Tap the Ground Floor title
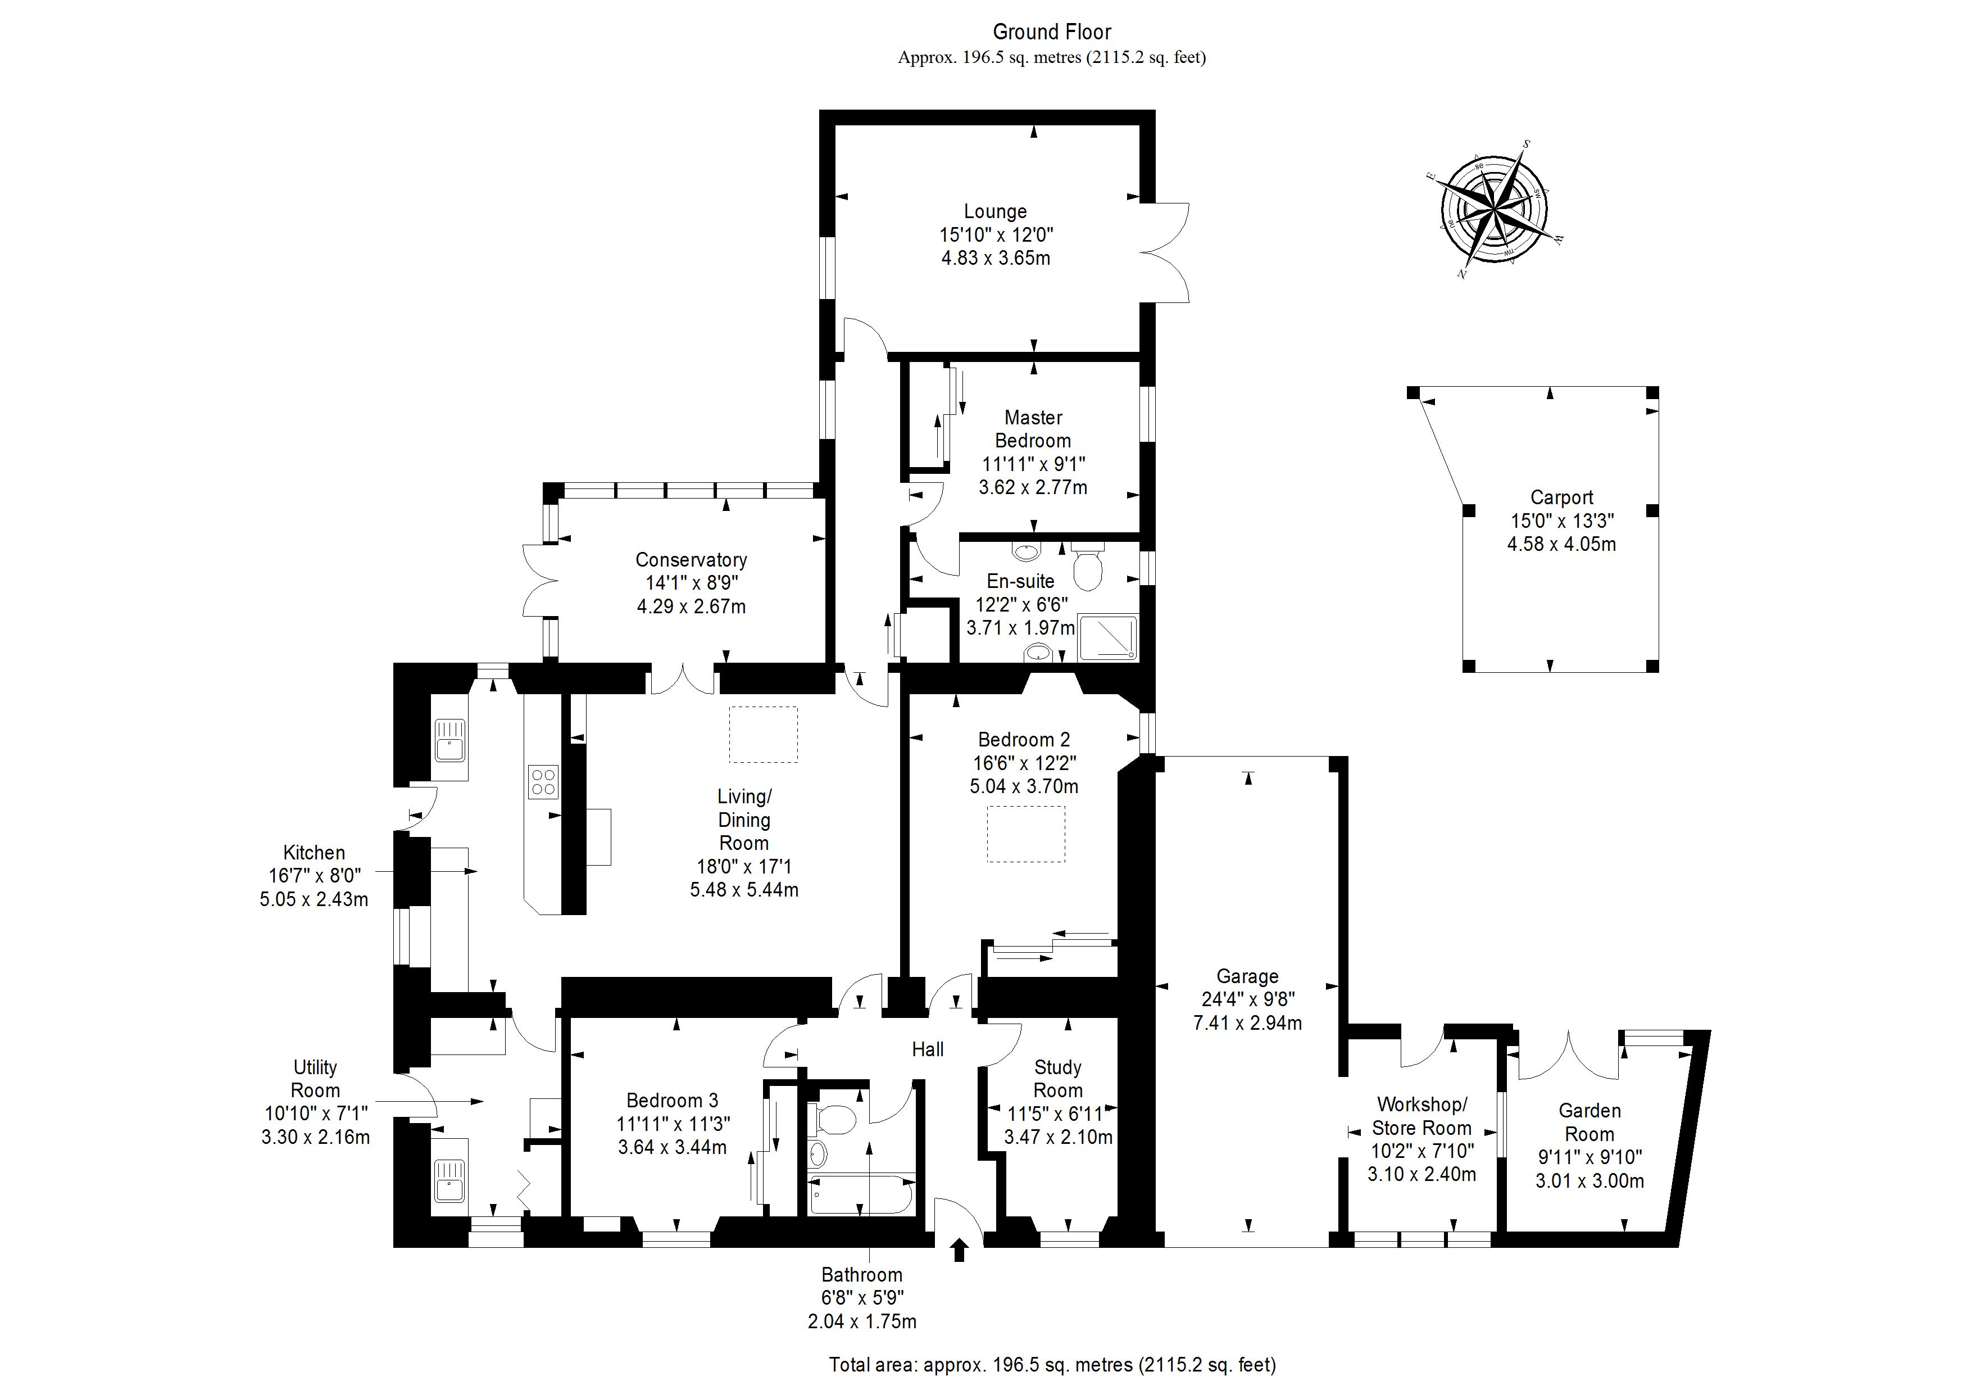1052,32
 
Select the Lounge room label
995,211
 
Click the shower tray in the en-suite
1108,637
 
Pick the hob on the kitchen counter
543,782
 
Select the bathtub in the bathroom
861,1194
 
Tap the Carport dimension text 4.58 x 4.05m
1561,544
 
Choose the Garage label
1247,976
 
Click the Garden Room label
1589,1122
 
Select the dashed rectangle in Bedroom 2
1026,833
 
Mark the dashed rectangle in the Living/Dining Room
763,734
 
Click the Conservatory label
691,560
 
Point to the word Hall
927,1049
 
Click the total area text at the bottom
1052,1364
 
